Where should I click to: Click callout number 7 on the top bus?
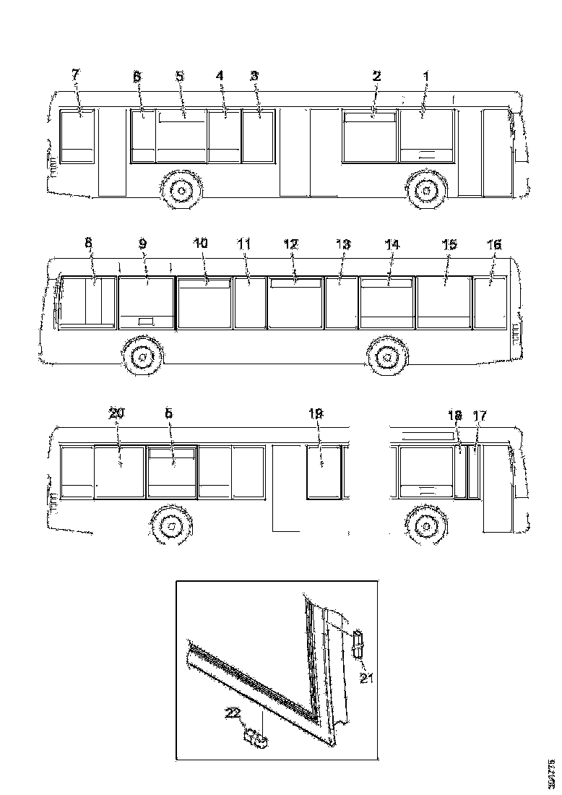(76, 74)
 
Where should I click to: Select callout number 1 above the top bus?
(425, 75)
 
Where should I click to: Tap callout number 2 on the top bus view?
(376, 75)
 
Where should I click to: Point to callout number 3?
(254, 75)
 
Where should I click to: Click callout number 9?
(142, 244)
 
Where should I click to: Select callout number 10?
(200, 244)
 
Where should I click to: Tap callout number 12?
(290, 244)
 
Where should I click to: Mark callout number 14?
(391, 244)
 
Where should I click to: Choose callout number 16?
(494, 244)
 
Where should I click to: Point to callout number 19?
(316, 413)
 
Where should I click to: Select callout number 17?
(480, 416)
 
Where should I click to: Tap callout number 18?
(454, 416)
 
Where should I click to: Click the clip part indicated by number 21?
(358, 642)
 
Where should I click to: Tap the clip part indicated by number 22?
(256, 738)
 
